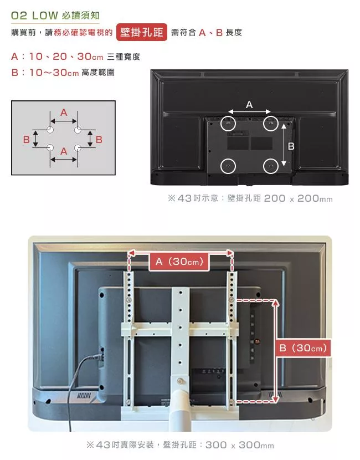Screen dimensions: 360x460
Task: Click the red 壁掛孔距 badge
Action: pyautogui.click(x=142, y=32)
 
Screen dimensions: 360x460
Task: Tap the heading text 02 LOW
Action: pyautogui.click(x=34, y=16)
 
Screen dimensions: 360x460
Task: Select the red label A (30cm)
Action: pyautogui.click(x=179, y=262)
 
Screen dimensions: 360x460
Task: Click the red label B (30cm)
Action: pyautogui.click(x=303, y=348)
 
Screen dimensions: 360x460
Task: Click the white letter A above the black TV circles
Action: pyautogui.click(x=249, y=105)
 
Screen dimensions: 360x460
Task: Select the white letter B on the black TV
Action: pyautogui.click(x=291, y=146)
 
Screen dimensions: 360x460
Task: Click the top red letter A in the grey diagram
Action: pyautogui.click(x=64, y=113)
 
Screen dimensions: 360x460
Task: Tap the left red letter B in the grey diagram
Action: pyautogui.click(x=27, y=139)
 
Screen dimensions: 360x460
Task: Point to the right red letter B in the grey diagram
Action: pyautogui.click(x=99, y=139)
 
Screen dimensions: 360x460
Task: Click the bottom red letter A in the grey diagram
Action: pyautogui.click(x=64, y=151)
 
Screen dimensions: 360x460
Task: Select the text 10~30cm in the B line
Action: pyautogui.click(x=54, y=73)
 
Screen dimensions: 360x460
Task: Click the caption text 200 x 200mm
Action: pyautogui.click(x=299, y=198)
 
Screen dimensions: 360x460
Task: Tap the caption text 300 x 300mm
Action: pyautogui.click(x=240, y=445)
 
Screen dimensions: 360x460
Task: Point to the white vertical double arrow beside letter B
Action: pyautogui.click(x=284, y=145)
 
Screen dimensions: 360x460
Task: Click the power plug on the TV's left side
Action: pyautogui.click(x=101, y=357)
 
